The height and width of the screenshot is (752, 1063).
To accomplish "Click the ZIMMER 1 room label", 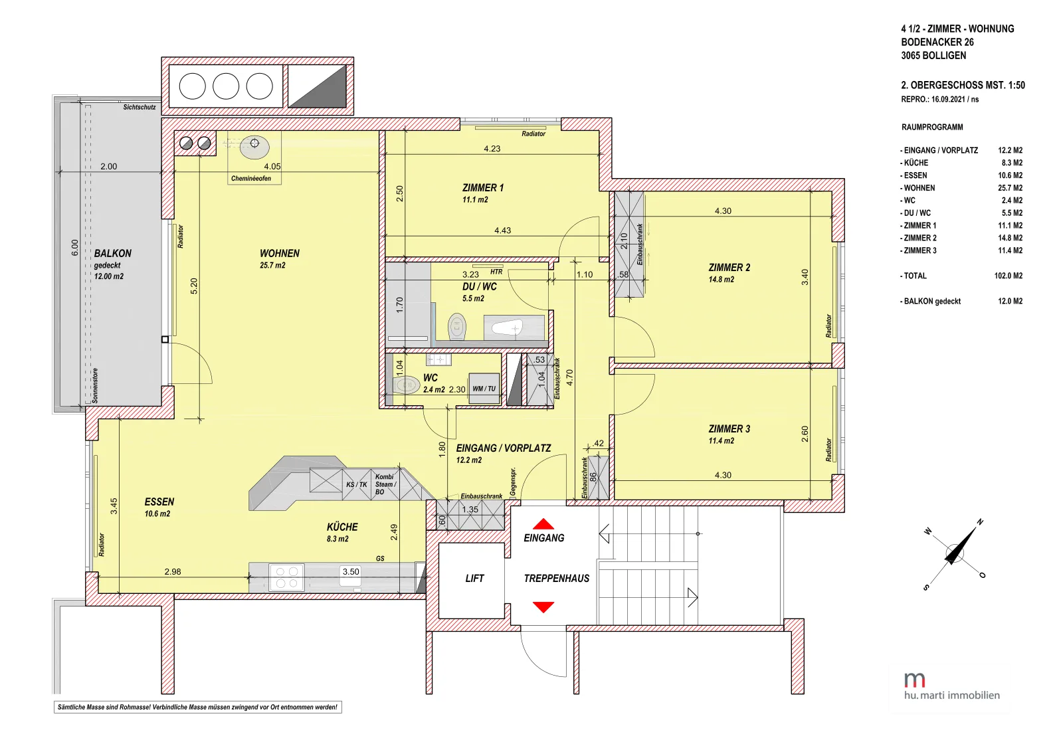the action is (x=482, y=188).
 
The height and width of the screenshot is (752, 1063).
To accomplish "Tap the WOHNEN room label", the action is (x=280, y=253).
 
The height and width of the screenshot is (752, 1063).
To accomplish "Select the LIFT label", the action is (x=474, y=579).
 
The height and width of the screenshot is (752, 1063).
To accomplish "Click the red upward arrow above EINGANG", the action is (x=543, y=523).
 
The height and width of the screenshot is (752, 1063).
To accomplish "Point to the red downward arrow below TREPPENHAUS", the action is (x=543, y=607).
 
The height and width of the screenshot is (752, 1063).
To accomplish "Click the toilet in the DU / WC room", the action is (x=457, y=326).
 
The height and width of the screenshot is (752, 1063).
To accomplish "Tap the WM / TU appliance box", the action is (x=484, y=388).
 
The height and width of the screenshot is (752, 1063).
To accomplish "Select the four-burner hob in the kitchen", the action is (x=286, y=577).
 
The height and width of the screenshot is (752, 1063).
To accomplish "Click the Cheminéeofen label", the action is (x=251, y=179).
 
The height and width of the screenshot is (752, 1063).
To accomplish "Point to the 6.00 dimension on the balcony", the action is (x=74, y=248).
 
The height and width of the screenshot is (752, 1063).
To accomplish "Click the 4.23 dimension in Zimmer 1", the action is (x=492, y=149).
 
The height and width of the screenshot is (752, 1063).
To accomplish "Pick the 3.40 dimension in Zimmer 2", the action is (x=805, y=277).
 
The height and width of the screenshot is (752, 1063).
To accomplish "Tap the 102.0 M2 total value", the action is (x=1009, y=276).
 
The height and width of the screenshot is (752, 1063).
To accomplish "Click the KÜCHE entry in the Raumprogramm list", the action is (x=914, y=163).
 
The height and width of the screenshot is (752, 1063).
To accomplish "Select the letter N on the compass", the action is (x=980, y=522).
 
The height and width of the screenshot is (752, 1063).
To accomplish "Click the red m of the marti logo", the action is (x=914, y=680).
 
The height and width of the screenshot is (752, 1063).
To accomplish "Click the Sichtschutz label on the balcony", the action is (x=140, y=107).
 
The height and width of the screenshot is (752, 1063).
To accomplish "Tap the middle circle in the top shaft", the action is (x=226, y=86).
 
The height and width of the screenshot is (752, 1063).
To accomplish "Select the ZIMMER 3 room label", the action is (x=729, y=429).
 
